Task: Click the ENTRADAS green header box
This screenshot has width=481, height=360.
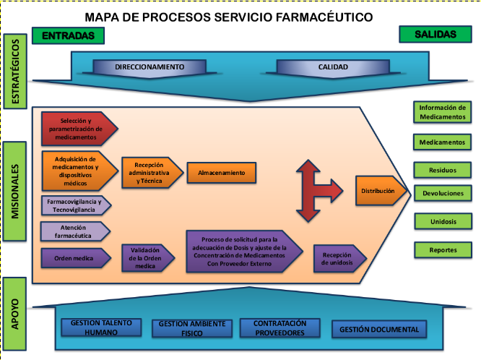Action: pyautogui.click(x=69, y=35)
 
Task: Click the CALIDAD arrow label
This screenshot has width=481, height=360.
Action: pyautogui.click(x=333, y=67)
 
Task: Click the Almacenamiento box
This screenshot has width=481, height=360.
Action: pyautogui.click(x=222, y=173)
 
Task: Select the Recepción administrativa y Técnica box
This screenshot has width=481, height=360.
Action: pyautogui.click(x=148, y=173)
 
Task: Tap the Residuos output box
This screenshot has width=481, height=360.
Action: pyautogui.click(x=443, y=169)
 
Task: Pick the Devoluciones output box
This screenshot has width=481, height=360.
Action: pyautogui.click(x=443, y=194)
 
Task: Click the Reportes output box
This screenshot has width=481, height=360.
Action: pyautogui.click(x=443, y=249)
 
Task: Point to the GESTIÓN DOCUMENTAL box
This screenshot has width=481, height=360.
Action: pyautogui.click(x=379, y=330)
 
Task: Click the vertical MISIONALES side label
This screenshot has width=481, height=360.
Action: pyautogui.click(x=15, y=192)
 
